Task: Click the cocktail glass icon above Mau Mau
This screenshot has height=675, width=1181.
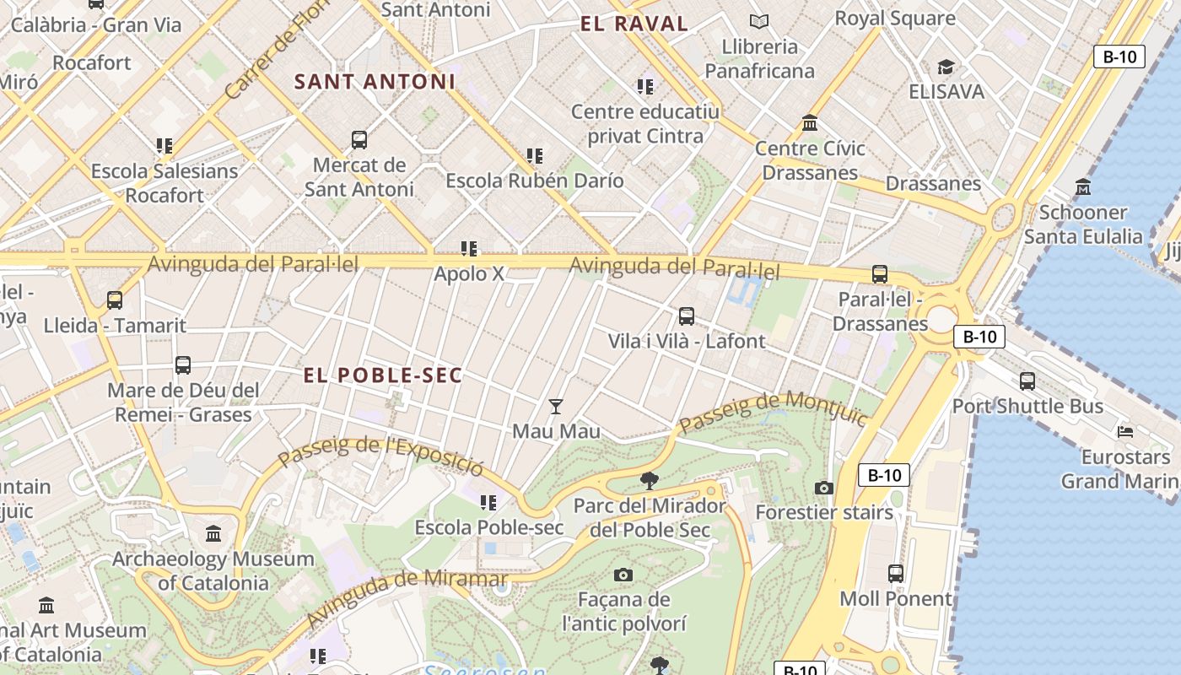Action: (555, 407)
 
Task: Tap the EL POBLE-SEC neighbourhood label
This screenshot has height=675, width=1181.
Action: (383, 375)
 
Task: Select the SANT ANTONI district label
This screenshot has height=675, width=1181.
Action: (375, 82)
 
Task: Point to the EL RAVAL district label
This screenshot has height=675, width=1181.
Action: (634, 24)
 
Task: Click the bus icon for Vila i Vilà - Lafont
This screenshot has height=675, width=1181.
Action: (687, 316)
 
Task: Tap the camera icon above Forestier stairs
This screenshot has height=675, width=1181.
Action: (823, 488)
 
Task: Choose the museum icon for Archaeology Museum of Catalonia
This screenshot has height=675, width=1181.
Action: (213, 534)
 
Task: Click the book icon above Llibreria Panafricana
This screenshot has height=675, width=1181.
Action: (759, 21)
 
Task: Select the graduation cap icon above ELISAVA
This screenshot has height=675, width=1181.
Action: (946, 67)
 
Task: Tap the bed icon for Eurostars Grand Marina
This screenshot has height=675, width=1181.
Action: (1125, 432)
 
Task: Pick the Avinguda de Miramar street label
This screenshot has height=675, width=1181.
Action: (406, 597)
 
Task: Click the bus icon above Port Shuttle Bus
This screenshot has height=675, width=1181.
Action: (1027, 381)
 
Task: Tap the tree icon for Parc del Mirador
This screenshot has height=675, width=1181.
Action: (649, 481)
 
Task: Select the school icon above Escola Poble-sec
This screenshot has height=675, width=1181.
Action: (488, 503)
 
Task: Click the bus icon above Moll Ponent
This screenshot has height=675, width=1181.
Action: (895, 574)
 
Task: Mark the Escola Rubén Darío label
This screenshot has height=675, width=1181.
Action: (535, 181)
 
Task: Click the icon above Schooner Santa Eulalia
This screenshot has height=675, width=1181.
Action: (1083, 187)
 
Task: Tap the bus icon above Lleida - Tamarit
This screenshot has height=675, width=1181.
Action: (115, 300)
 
